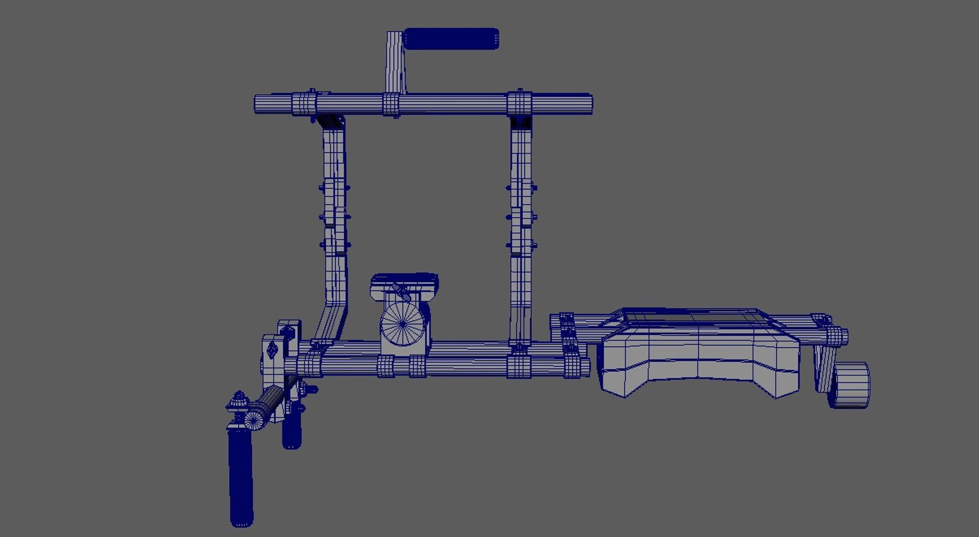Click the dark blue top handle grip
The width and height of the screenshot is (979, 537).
(451, 39)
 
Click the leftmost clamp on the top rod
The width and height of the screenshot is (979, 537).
(304, 104)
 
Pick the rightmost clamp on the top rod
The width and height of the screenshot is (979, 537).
(520, 104)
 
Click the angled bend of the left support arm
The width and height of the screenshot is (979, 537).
(332, 316)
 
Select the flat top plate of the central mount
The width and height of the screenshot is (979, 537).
(404, 279)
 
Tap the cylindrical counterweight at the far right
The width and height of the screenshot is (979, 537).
(850, 385)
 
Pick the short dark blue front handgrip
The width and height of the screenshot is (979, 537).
(291, 431)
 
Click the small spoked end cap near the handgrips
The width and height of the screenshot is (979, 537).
(253, 419)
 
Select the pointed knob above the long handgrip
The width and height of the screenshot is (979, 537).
(238, 400)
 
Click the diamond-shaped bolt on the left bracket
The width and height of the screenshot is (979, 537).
(272, 349)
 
